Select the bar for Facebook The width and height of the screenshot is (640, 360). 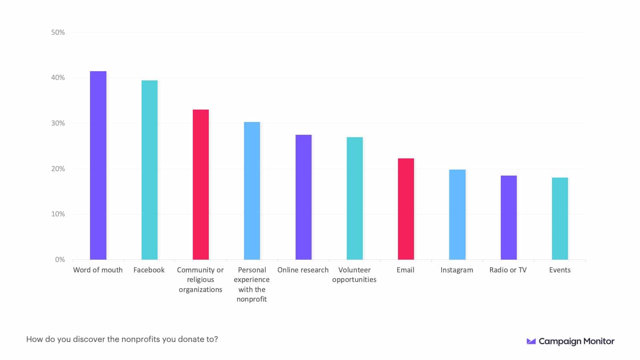pyautogui.click(x=149, y=170)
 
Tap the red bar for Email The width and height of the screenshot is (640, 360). pyautogui.click(x=406, y=209)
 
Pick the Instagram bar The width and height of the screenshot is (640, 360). pyautogui.click(x=457, y=214)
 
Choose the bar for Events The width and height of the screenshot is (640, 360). pyautogui.click(x=560, y=218)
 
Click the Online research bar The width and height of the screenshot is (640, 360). pyautogui.click(x=303, y=197)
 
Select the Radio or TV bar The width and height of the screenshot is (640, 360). pyautogui.click(x=508, y=218)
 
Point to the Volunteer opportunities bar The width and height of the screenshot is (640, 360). pyautogui.click(x=354, y=198)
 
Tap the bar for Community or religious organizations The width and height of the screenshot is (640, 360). pyautogui.click(x=200, y=184)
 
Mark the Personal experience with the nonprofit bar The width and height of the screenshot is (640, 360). pyautogui.click(x=252, y=191)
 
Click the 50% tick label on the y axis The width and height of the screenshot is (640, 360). pyautogui.click(x=58, y=32)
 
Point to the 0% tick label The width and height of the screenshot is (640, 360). pyautogui.click(x=60, y=260)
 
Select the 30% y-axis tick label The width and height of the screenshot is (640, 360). pyautogui.click(x=58, y=123)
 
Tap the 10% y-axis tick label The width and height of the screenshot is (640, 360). pyautogui.click(x=58, y=214)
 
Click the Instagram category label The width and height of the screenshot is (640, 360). pyautogui.click(x=457, y=270)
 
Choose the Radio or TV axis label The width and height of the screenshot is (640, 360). pyautogui.click(x=508, y=270)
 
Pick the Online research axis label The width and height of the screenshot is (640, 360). pyautogui.click(x=303, y=270)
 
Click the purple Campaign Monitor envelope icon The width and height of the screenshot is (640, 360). pyautogui.click(x=531, y=341)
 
